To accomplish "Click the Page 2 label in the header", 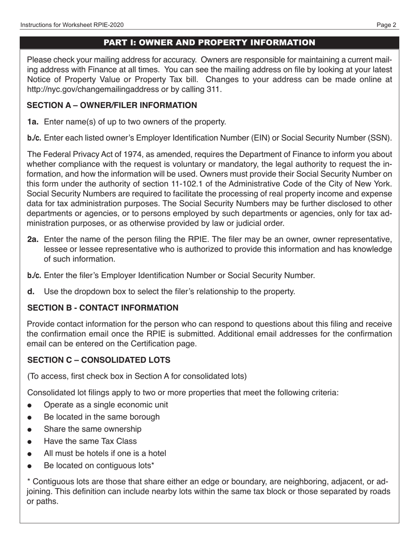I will (386, 25).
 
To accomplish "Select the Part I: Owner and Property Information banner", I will (209, 42).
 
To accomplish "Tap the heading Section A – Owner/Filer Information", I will (112, 105).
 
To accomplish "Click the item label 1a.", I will (33, 122).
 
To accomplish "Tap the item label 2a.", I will (33, 239).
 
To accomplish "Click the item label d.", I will (30, 291).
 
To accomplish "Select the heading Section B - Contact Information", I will (103, 308).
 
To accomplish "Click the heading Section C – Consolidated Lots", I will (99, 360).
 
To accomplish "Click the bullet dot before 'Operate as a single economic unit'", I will (30, 405).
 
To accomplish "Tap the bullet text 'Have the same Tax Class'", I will (90, 441).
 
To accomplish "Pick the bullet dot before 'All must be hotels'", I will (30, 454).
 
